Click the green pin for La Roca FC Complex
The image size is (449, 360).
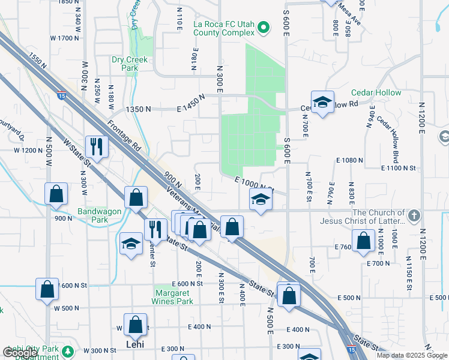[x=263, y=26]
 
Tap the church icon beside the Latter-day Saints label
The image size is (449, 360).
[x=414, y=215]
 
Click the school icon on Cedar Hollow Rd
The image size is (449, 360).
[x=322, y=103]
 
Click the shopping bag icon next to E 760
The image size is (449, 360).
[x=364, y=240]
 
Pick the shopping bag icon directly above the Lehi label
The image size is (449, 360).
[x=136, y=324]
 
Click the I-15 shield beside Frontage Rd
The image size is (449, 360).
[x=61, y=94]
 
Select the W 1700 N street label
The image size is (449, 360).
[x=65, y=38]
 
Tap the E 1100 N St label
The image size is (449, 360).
[x=398, y=169]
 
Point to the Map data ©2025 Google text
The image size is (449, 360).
[x=412, y=355]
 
